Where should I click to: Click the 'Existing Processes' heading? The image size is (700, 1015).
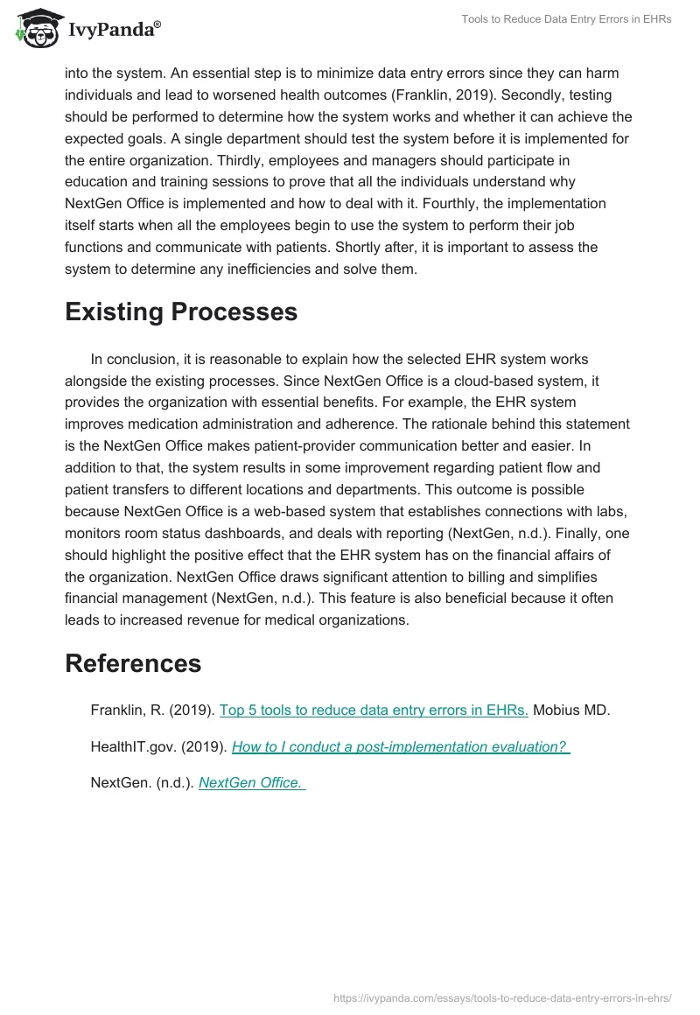181,312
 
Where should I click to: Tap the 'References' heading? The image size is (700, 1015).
133,663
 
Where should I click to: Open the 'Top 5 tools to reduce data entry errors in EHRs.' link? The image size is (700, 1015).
374,710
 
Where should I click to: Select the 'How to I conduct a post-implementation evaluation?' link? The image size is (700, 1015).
400,747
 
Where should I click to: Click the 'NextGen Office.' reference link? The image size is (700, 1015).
251,783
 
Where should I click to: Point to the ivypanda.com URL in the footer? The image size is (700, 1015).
502,997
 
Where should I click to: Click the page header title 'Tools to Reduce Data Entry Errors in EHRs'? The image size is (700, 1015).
566,19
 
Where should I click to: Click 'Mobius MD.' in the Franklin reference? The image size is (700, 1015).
571,710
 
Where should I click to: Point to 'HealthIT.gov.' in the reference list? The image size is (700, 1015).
133,747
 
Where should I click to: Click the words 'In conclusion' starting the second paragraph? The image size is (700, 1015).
135,359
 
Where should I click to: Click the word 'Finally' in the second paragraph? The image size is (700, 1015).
562,533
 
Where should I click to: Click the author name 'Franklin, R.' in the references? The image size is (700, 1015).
127,710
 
